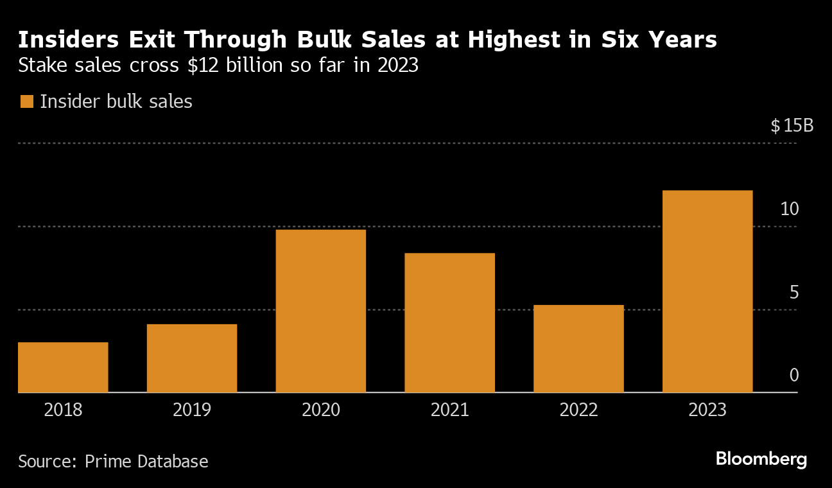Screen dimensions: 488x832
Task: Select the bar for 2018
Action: coord(63,367)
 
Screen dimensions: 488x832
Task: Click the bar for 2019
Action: coord(192,358)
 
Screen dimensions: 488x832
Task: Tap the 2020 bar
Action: coord(320,311)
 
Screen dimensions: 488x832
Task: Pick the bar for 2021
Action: coord(449,322)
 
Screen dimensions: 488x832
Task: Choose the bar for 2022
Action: coord(578,349)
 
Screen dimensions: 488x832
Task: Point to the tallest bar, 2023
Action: coord(707,291)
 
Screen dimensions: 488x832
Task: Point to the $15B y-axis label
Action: coord(792,126)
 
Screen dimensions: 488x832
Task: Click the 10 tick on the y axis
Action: coord(790,209)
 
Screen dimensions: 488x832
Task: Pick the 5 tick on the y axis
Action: coord(793,293)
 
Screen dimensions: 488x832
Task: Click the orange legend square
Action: coord(26,101)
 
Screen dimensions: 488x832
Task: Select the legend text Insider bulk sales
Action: coord(116,101)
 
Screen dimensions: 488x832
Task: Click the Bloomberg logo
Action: coord(761,459)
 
